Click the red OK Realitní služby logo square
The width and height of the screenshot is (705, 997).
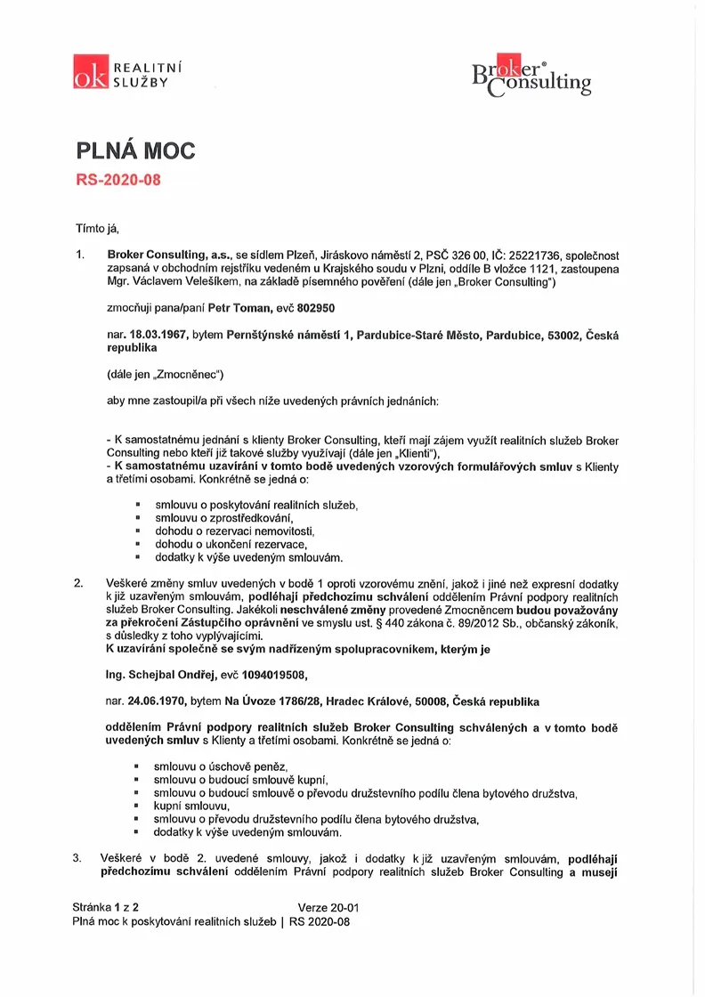(x=91, y=72)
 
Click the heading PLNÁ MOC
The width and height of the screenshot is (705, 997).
(x=134, y=150)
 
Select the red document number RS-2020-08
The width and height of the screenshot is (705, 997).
(x=117, y=178)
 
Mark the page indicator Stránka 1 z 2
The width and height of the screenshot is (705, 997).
(x=105, y=908)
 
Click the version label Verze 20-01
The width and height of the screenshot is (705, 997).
(x=328, y=908)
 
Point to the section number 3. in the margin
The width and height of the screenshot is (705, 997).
(x=78, y=858)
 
